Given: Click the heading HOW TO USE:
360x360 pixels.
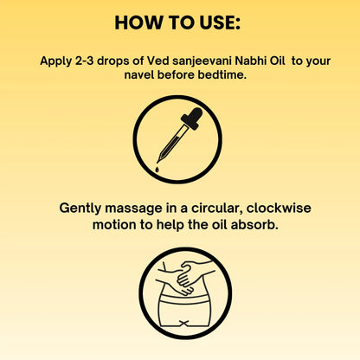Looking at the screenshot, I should tap(179, 22).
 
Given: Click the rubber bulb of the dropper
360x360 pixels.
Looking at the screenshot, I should tap(194, 118).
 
